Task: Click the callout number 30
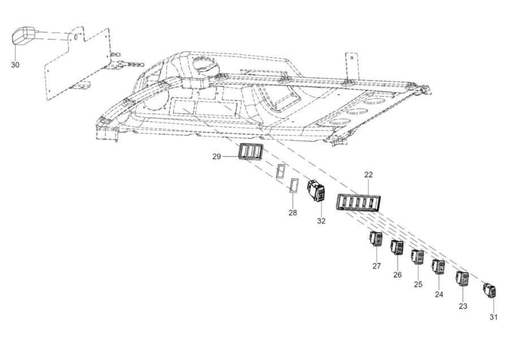[15, 65]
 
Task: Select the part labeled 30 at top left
[24, 36]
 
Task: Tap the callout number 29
[217, 157]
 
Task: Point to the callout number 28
[292, 213]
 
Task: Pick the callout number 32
[321, 221]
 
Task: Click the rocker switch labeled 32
[316, 191]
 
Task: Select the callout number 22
[368, 174]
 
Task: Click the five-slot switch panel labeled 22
[358, 203]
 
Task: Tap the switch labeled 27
[376, 239]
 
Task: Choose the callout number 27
[376, 266]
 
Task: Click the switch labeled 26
[397, 248]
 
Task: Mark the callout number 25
[418, 285]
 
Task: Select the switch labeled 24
[438, 267]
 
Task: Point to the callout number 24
[439, 294]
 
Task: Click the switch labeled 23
[463, 278]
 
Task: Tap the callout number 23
[463, 306]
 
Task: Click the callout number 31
[493, 317]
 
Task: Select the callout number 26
[398, 275]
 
